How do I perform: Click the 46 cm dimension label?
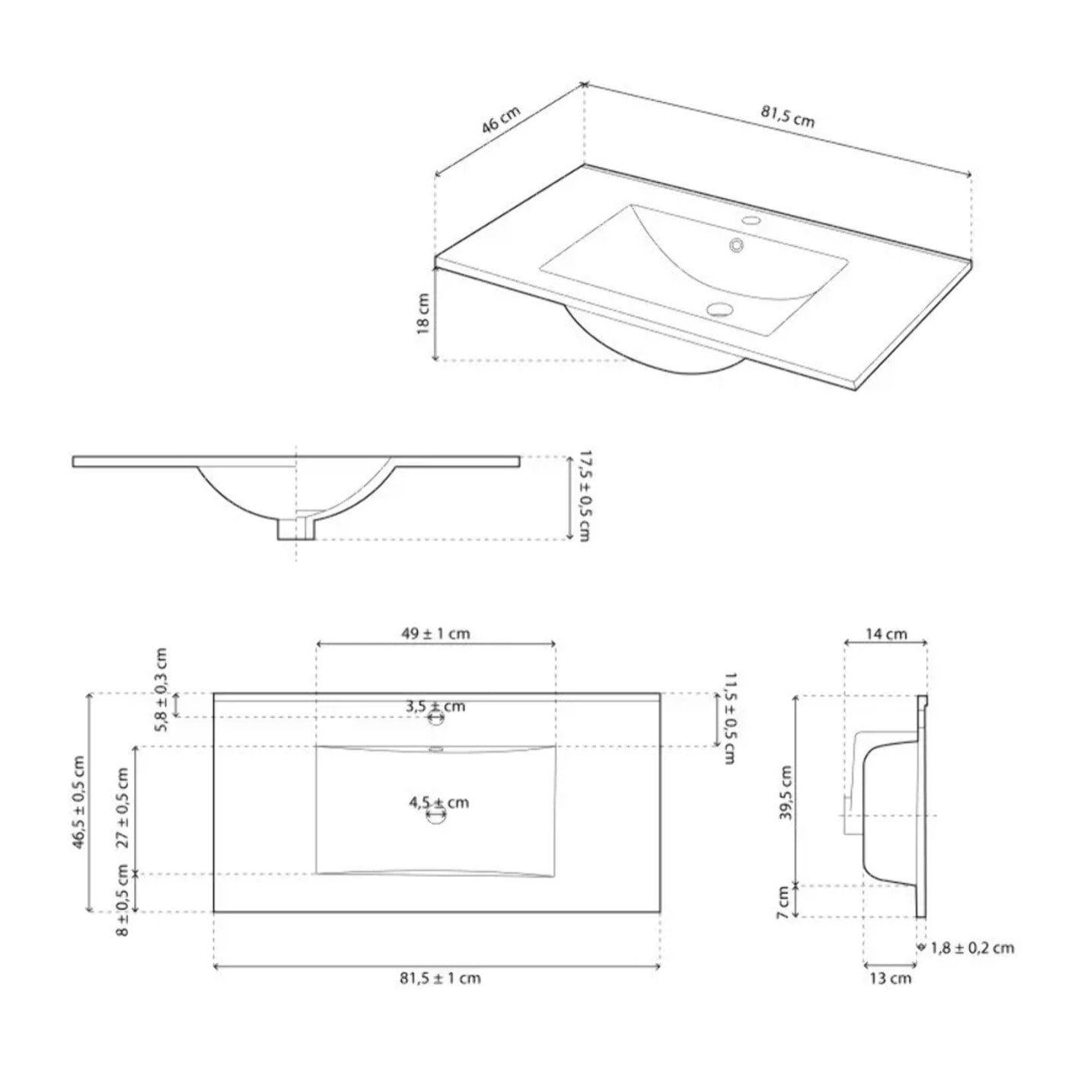tap(500, 121)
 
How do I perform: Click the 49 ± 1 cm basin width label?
tap(435, 633)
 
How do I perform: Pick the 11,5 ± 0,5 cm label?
tap(729, 718)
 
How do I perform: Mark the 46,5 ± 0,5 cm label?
tap(78, 802)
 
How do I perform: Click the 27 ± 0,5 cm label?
tap(122, 808)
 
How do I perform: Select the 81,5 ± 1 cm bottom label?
tap(440, 978)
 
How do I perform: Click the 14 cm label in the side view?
tap(886, 633)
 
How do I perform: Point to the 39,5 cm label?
tap(786, 792)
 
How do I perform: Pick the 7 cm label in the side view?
tap(783, 902)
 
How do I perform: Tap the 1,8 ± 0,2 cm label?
tap(972, 948)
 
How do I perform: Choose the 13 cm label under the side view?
tap(890, 978)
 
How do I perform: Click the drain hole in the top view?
tap(436, 815)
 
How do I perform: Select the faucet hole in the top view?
tap(435, 717)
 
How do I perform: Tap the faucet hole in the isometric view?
tap(751, 222)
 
